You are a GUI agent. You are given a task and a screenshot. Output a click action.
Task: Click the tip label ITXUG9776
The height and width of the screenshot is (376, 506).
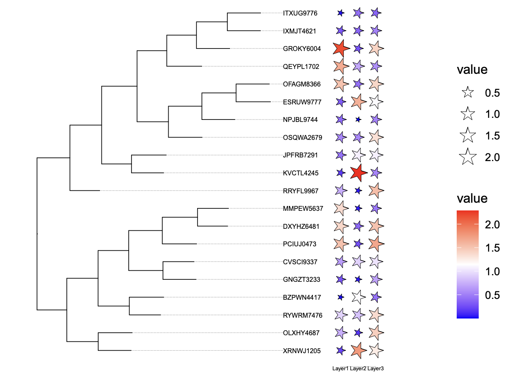click(300, 13)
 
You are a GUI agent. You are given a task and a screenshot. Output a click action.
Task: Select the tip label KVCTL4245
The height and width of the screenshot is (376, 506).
click(301, 173)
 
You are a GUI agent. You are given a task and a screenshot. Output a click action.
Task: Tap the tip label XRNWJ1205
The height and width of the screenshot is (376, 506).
click(302, 350)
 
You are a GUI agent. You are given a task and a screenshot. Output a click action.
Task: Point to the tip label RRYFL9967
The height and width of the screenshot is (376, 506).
click(301, 191)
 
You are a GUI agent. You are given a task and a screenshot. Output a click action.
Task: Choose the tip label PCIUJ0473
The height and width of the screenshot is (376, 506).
click(299, 244)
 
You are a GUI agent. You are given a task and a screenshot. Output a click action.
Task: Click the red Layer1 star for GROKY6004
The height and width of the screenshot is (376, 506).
click(341, 49)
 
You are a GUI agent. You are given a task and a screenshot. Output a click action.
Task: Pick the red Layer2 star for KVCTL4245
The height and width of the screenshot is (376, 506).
click(358, 173)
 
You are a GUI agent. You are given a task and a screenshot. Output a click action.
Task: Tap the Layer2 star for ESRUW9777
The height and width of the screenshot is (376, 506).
click(358, 102)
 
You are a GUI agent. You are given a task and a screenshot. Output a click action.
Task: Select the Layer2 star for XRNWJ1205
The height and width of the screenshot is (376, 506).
click(358, 350)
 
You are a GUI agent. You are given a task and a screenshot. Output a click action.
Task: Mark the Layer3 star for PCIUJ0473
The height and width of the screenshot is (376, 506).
click(376, 244)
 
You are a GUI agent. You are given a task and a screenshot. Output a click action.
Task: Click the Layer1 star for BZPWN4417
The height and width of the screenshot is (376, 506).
click(340, 297)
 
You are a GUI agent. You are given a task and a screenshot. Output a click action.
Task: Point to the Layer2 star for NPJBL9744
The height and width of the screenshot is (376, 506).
click(358, 120)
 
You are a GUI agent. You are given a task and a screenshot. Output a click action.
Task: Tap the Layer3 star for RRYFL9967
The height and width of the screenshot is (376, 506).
click(376, 191)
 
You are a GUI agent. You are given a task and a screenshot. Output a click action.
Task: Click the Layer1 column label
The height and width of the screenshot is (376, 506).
click(341, 369)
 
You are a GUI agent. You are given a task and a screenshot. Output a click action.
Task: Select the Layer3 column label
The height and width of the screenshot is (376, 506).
click(376, 369)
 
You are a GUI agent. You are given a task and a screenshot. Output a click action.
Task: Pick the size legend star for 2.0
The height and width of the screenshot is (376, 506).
click(468, 157)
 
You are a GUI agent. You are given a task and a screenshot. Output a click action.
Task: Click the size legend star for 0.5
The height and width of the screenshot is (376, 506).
click(468, 93)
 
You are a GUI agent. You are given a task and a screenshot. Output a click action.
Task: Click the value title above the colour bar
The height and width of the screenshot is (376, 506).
click(472, 199)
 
